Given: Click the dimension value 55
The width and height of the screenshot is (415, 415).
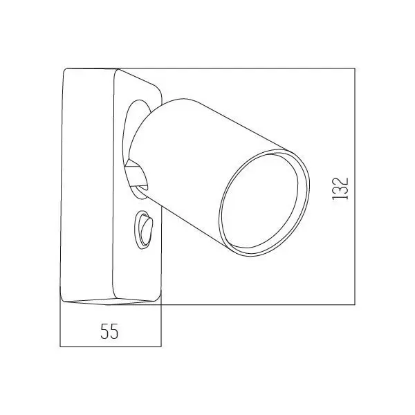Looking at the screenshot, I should [109, 331].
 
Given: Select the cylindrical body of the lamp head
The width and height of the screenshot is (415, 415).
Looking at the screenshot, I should [207, 152].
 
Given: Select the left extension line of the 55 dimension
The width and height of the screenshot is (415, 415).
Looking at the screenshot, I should [61, 325].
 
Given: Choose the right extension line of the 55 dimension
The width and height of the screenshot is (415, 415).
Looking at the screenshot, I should [160, 325].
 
